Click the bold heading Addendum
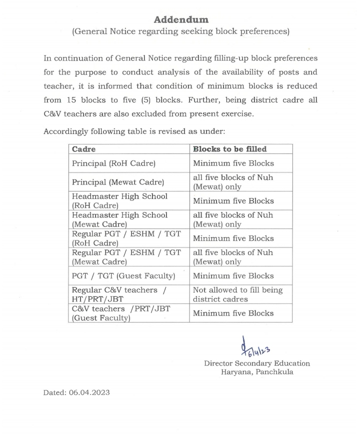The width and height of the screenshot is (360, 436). point(180,19)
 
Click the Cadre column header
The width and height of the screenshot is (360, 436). point(83,149)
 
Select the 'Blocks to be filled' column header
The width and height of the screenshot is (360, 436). point(229,149)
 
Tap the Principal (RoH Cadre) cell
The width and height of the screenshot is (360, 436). point(113,163)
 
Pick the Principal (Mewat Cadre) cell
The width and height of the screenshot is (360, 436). point(117,182)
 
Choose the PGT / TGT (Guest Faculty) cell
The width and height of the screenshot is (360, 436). point(123,275)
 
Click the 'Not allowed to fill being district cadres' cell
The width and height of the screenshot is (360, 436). point(237,294)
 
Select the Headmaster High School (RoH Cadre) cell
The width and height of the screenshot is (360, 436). point(119,201)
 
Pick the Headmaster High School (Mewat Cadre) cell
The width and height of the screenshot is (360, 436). point(119,219)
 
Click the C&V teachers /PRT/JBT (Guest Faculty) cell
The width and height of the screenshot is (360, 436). point(120,313)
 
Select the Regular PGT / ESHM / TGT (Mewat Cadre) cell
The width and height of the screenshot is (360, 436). point(126,257)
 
